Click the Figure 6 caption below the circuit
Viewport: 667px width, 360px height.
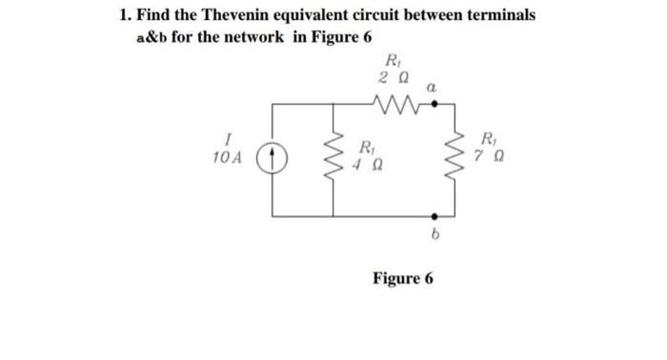(x=402, y=278)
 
